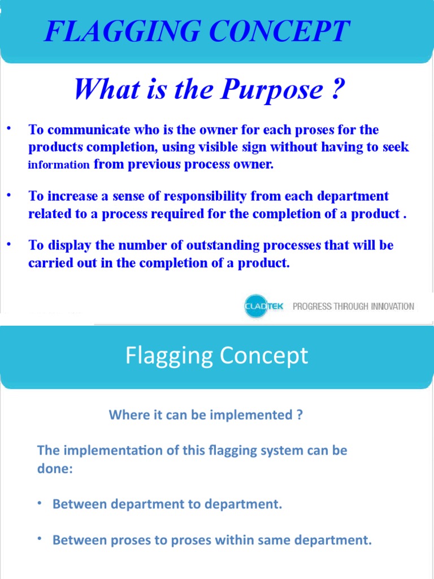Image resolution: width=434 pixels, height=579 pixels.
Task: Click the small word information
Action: pos(59,165)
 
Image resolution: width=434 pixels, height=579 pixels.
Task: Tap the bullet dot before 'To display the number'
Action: pos(9,244)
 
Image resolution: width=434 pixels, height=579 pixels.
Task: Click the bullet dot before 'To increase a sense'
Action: pos(9,195)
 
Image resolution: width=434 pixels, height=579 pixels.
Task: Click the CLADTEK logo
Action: pos(263,306)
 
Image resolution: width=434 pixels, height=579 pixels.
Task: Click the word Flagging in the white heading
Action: pos(168,356)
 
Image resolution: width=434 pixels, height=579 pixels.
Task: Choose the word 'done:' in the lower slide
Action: pos(55,469)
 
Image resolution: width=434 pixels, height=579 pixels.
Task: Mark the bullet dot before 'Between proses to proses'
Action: pos(41,539)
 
